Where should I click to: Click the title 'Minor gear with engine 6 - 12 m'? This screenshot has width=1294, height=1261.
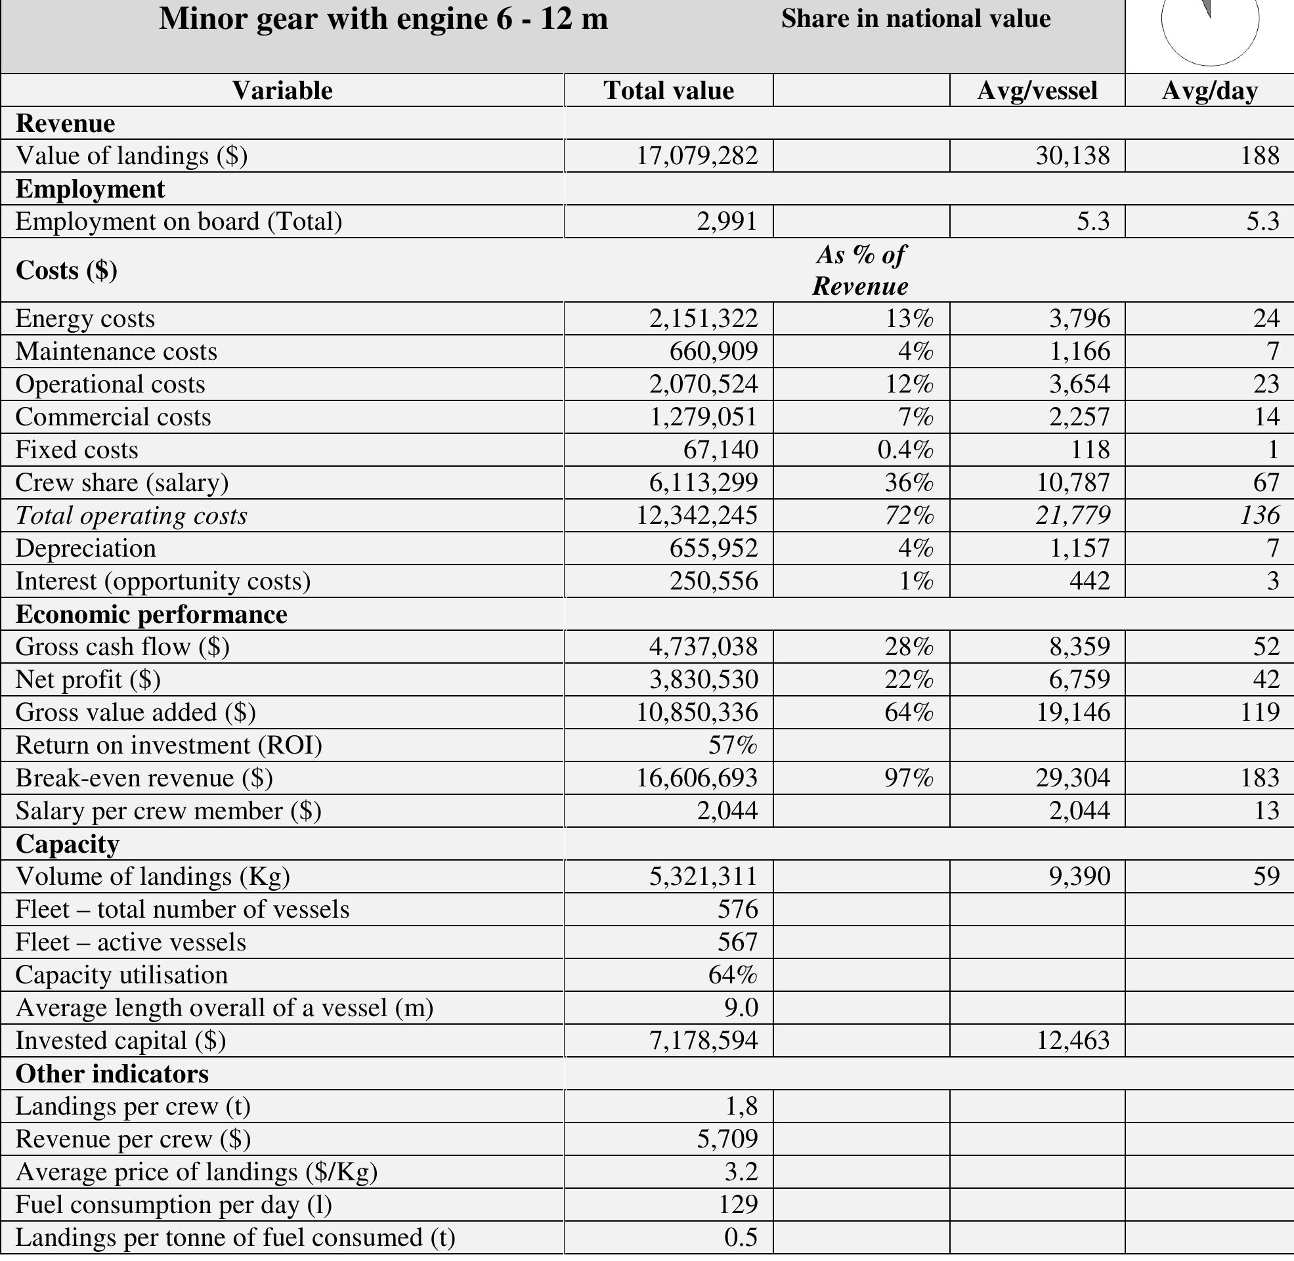pyautogui.click(x=383, y=19)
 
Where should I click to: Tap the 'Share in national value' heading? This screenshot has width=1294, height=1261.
pyautogui.click(x=915, y=19)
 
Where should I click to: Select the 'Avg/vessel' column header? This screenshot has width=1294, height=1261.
pyautogui.click(x=1037, y=91)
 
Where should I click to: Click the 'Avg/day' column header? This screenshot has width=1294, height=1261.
pyautogui.click(x=1209, y=91)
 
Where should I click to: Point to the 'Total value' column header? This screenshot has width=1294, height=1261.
pyautogui.click(x=668, y=91)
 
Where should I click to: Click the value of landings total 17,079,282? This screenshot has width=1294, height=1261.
pyautogui.click(x=697, y=156)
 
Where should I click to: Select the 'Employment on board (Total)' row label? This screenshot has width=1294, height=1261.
pyautogui.click(x=179, y=221)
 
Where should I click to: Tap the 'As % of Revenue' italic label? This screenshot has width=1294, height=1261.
pyautogui.click(x=860, y=270)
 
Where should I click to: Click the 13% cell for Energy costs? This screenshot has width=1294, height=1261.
pyautogui.click(x=909, y=318)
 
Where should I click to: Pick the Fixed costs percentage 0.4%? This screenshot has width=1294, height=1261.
pyautogui.click(x=905, y=450)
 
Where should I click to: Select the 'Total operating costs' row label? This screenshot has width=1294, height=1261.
pyautogui.click(x=131, y=516)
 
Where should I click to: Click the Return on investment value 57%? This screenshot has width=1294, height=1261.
pyautogui.click(x=733, y=745)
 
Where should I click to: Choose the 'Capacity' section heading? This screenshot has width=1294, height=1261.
pyautogui.click(x=68, y=844)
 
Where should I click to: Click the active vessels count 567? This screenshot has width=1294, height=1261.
pyautogui.click(x=737, y=942)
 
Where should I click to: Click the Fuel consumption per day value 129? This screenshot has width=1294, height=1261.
pyautogui.click(x=738, y=1205)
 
